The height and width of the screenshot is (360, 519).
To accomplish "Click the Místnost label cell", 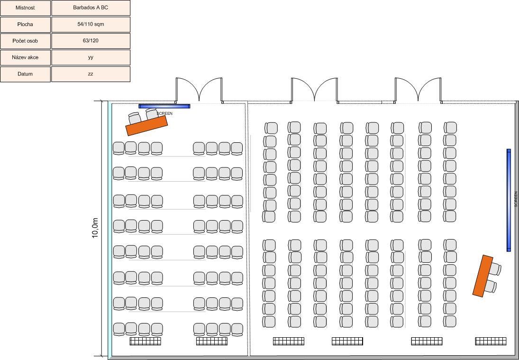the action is coord(25,8).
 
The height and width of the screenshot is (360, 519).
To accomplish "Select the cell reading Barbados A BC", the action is coord(91,8).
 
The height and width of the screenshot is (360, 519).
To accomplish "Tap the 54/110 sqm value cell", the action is coord(91,24).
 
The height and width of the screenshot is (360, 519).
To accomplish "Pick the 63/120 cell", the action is coord(91,41).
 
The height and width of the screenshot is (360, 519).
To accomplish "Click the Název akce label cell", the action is coord(25,57).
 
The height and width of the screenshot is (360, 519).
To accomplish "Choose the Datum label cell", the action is coord(25,74).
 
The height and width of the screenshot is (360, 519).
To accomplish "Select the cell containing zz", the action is coord(91,74).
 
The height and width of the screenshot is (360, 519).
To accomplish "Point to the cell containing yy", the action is coord(91,57).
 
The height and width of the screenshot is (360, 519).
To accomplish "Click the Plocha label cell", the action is coord(25,24).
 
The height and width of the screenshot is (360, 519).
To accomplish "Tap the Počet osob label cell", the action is coord(25,41).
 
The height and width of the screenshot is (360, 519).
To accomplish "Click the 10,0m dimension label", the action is coord(95,228).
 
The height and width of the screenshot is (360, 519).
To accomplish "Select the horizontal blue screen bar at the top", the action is coord(164,106).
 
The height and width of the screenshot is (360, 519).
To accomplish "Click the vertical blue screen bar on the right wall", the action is coord(509,200).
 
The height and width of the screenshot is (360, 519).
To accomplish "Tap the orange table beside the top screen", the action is coord(146,126).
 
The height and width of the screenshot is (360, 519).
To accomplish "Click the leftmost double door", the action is coord(199,90).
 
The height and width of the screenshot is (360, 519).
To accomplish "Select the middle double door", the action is coord(314,90).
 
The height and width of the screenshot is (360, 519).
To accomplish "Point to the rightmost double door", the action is coord(419,90).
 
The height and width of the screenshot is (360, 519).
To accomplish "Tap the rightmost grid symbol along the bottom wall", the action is coord(491,341).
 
